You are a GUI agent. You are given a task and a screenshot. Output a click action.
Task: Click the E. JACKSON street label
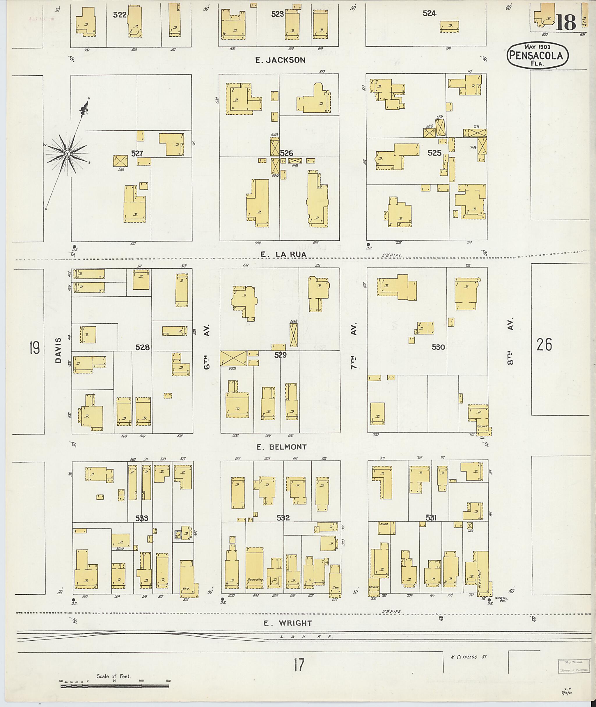(x=280, y=60)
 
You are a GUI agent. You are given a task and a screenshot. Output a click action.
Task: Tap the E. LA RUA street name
(x=284, y=254)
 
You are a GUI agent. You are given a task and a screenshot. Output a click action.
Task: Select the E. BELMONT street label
(x=281, y=447)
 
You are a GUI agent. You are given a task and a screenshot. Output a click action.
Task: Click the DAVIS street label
(x=58, y=350)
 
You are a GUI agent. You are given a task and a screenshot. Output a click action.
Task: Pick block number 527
(x=137, y=154)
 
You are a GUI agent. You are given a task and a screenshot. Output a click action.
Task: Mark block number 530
(x=438, y=347)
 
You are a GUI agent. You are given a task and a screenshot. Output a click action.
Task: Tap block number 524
(x=430, y=13)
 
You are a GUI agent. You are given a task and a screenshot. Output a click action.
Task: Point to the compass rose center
(x=67, y=154)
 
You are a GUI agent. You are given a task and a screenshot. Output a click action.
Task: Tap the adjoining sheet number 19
(x=34, y=348)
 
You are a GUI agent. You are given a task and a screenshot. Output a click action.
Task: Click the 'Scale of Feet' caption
(x=113, y=676)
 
